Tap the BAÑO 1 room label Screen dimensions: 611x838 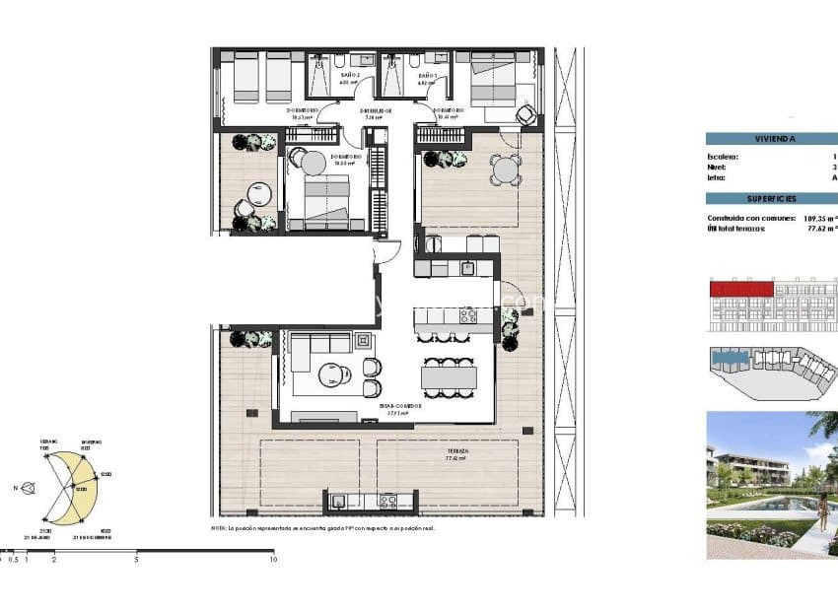pyautogui.click(x=426, y=76)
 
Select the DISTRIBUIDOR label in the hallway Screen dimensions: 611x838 pyautogui.click(x=377, y=112)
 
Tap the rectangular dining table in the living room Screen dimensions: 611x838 pyautogui.click(x=449, y=377)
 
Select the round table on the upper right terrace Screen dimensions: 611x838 pyautogui.click(x=506, y=170)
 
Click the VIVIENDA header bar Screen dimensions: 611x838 pyautogui.click(x=771, y=139)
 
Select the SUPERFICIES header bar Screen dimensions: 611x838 pyautogui.click(x=771, y=198)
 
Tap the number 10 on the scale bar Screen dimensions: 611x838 pyautogui.click(x=272, y=560)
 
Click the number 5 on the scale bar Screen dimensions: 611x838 pyautogui.click(x=136, y=560)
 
